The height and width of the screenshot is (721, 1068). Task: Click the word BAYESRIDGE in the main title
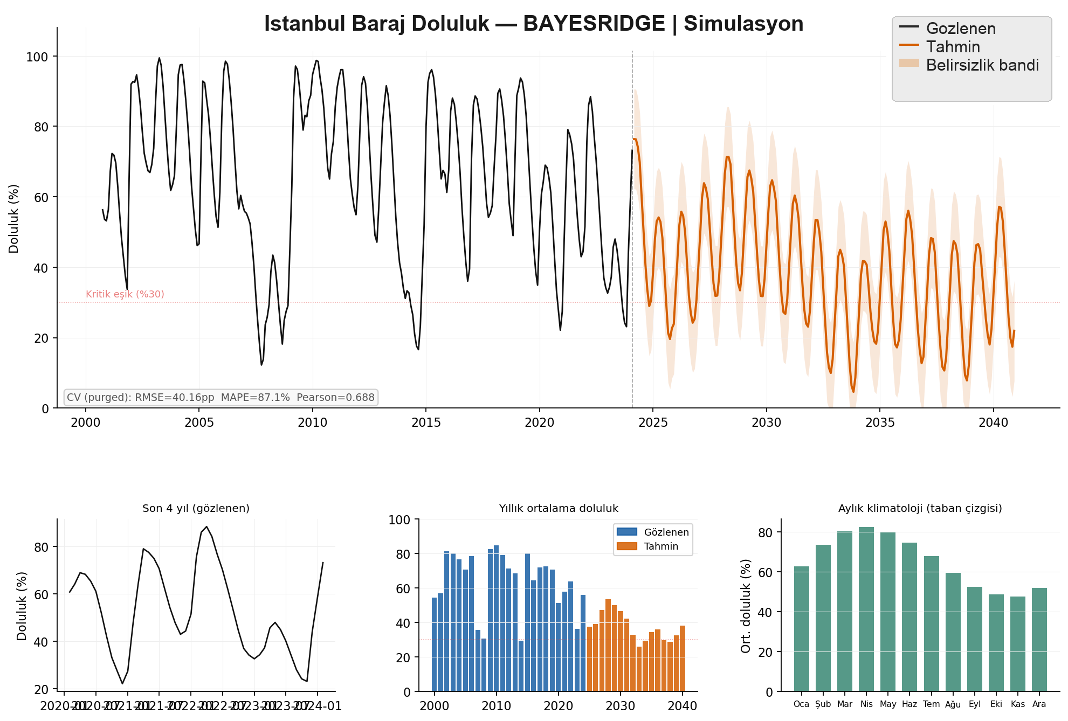[594, 24]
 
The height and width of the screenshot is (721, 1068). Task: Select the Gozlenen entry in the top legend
[960, 29]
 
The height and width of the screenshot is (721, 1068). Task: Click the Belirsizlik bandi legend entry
[982, 65]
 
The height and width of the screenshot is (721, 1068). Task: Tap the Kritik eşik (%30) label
[125, 294]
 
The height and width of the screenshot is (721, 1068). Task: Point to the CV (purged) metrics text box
[221, 398]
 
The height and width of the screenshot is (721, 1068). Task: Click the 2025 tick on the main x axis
[653, 422]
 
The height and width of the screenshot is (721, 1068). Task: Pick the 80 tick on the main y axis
[41, 127]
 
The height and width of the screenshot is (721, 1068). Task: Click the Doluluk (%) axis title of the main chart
[14, 219]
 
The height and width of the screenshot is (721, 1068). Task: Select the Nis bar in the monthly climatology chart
[866, 609]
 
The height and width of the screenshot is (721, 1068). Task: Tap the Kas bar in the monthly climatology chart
[1017, 643]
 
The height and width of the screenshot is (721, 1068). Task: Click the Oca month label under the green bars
[801, 704]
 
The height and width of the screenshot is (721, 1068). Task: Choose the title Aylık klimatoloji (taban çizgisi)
[920, 508]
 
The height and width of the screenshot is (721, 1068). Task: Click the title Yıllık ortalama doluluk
[559, 508]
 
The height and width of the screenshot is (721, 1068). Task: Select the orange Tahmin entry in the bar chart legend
[660, 546]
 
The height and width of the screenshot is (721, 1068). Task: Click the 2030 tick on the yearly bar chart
[621, 706]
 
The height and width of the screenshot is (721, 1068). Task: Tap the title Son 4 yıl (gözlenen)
[196, 508]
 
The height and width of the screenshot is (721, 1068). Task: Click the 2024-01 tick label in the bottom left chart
[322, 706]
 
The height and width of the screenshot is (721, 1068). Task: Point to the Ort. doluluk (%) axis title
[746, 606]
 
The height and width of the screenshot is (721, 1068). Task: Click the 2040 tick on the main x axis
[993, 422]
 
